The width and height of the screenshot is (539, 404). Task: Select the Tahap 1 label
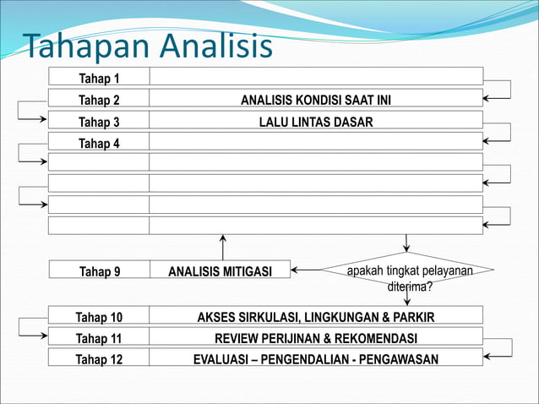pos(99,79)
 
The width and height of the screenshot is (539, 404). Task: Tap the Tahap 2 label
pos(99,101)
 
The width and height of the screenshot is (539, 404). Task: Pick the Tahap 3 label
pos(99,122)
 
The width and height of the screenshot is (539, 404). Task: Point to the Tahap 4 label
pos(99,143)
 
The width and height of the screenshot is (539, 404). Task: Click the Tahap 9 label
pos(99,271)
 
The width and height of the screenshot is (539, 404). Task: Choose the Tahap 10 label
pos(99,317)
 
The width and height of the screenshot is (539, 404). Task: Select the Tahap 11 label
pos(99,338)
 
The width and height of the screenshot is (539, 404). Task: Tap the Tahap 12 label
pos(99,359)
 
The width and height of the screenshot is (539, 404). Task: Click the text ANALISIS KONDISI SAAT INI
pos(316,101)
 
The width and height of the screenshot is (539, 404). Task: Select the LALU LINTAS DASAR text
pos(316,122)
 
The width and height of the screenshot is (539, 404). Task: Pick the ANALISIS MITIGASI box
pos(220,271)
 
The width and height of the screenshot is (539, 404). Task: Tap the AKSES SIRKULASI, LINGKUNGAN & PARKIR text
pos(316,317)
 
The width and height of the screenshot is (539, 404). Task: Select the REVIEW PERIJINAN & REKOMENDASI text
pos(316,338)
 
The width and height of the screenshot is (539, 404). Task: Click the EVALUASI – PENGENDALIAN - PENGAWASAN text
pos(316,359)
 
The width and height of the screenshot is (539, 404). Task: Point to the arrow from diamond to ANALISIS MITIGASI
pos(318,271)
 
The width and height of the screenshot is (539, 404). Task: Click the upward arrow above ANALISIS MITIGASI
pos(223,247)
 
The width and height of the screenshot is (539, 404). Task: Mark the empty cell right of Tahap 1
pos(316,76)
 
